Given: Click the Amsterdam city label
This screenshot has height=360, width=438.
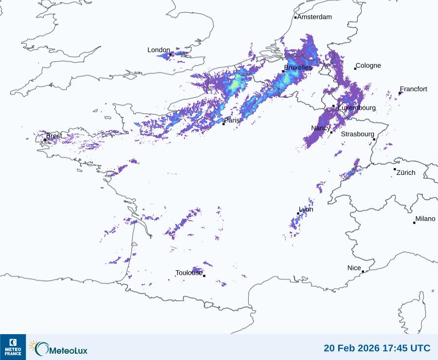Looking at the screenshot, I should coord(314,17).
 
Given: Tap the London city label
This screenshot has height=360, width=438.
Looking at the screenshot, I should coord(159,50).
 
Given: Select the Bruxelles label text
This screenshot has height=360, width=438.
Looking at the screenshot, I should coord(298,68).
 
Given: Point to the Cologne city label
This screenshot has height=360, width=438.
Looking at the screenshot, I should coord(368,66).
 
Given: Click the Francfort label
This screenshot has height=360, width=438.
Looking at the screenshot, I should coord(413,89).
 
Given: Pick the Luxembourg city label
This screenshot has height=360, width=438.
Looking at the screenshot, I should coord(357,108).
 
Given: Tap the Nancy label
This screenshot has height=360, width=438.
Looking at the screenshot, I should coord(321,128).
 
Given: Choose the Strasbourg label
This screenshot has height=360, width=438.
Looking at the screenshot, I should coord(357,134).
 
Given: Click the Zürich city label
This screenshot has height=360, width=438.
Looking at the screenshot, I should coord(406,172).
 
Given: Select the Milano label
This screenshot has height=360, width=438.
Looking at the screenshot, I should coord(425,219).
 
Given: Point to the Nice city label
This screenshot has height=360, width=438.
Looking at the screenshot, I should coord(354,268).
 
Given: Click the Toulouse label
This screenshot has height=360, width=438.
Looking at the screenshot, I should coord(189,273).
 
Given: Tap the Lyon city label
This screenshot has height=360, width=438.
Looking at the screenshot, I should coord(306,209).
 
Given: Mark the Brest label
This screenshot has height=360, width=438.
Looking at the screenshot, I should coord(54,136).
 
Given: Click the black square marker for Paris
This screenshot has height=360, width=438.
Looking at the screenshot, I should coord(223,124).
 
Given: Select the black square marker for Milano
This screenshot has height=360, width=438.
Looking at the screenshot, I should coord(414,223).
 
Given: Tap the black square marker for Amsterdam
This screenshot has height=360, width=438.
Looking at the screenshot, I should coord(295,18).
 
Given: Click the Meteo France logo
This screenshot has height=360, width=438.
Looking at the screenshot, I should coord(13,347).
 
